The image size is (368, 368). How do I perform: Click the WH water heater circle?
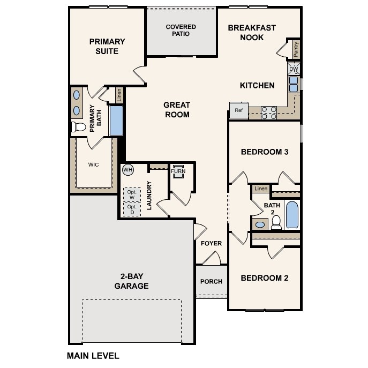(x=127, y=170)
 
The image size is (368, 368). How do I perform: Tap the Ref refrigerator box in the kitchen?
(x=238, y=110)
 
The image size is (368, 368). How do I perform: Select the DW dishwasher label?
(x=294, y=69)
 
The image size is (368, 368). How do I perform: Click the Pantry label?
(x=296, y=49)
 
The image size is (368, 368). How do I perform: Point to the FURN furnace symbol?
(x=178, y=171)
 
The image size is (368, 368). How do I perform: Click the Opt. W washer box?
(x=132, y=194)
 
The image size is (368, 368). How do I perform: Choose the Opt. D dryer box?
(x=132, y=208)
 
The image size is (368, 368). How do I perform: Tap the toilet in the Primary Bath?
(x=79, y=127)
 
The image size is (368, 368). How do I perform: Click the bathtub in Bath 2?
(x=291, y=215)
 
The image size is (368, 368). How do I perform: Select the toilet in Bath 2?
(x=276, y=224)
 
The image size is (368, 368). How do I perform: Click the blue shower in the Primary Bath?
(x=116, y=121)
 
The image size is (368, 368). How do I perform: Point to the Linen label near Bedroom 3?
(x=261, y=189)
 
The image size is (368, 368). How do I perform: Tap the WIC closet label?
(x=94, y=164)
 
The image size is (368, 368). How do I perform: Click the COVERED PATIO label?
(x=181, y=30)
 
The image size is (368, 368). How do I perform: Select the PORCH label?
(x=211, y=282)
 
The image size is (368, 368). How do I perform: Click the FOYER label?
(x=211, y=244)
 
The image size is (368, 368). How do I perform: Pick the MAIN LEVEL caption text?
(x=93, y=355)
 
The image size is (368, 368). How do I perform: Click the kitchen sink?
(x=294, y=84)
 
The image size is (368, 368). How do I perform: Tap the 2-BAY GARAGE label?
(x=131, y=281)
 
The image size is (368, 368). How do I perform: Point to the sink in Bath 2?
(x=260, y=224)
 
